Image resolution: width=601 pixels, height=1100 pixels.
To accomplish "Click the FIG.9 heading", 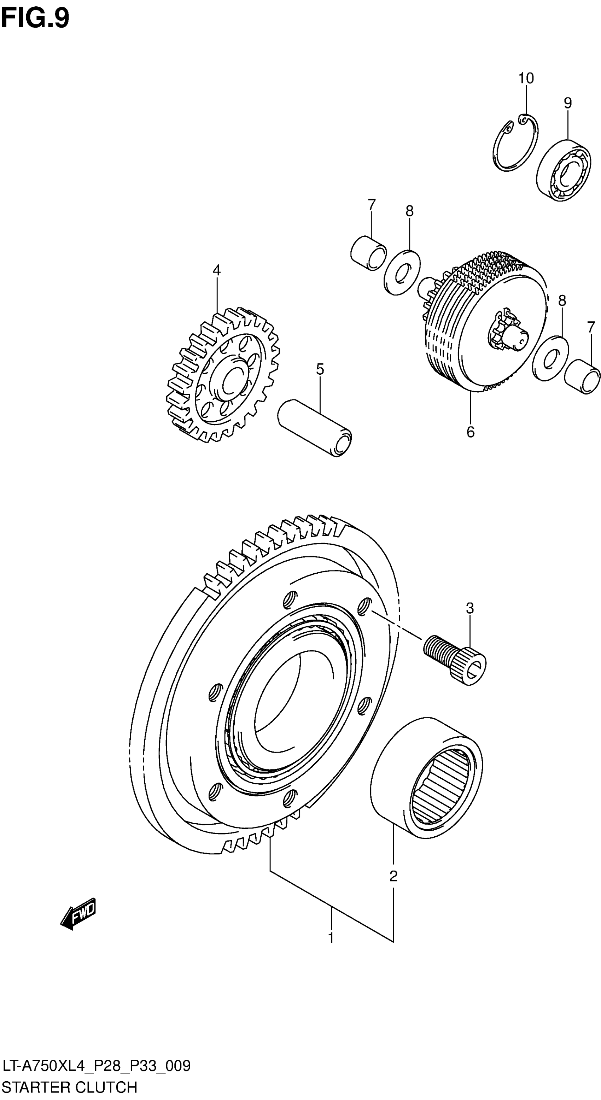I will tap(35, 18).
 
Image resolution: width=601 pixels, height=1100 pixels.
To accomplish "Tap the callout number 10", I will tap(526, 78).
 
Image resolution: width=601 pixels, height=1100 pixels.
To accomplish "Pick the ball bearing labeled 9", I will tap(564, 170).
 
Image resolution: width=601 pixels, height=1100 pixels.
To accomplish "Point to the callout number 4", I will tap(217, 270).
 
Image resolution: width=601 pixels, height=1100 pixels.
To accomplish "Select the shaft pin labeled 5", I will tap(314, 428).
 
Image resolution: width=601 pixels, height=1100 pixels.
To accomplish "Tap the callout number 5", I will tap(320, 369).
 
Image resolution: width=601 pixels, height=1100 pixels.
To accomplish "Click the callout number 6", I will tap(470, 432).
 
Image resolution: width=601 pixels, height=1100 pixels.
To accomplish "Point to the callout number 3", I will tap(470, 608).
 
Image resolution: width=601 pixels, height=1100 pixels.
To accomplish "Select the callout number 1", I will tap(331, 938).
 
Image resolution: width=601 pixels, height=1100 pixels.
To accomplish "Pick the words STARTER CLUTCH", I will tap(69, 1087).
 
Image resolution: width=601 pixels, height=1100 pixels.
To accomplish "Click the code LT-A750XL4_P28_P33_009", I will tap(96, 1066).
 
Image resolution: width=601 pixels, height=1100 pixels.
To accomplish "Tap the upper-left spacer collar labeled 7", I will tap(368, 253).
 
